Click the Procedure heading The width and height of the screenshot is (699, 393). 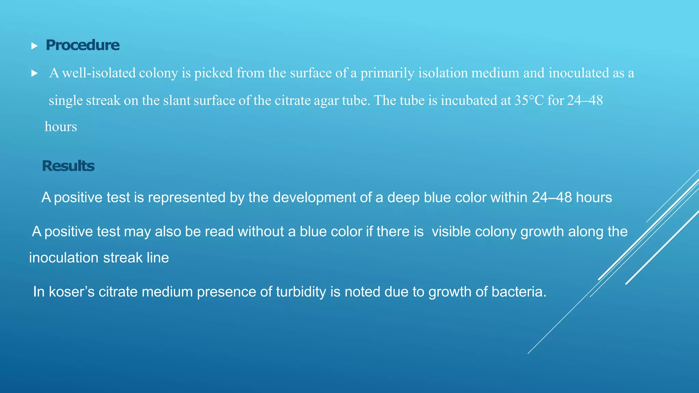[83, 45]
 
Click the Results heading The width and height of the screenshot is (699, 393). [68, 166]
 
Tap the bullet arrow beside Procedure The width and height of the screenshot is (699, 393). [34, 46]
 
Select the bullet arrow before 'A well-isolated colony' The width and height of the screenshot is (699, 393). [34, 73]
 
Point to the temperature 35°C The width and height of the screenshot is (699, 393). [529, 101]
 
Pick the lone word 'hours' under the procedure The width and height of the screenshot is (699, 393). [61, 127]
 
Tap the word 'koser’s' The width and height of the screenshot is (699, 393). [72, 292]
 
